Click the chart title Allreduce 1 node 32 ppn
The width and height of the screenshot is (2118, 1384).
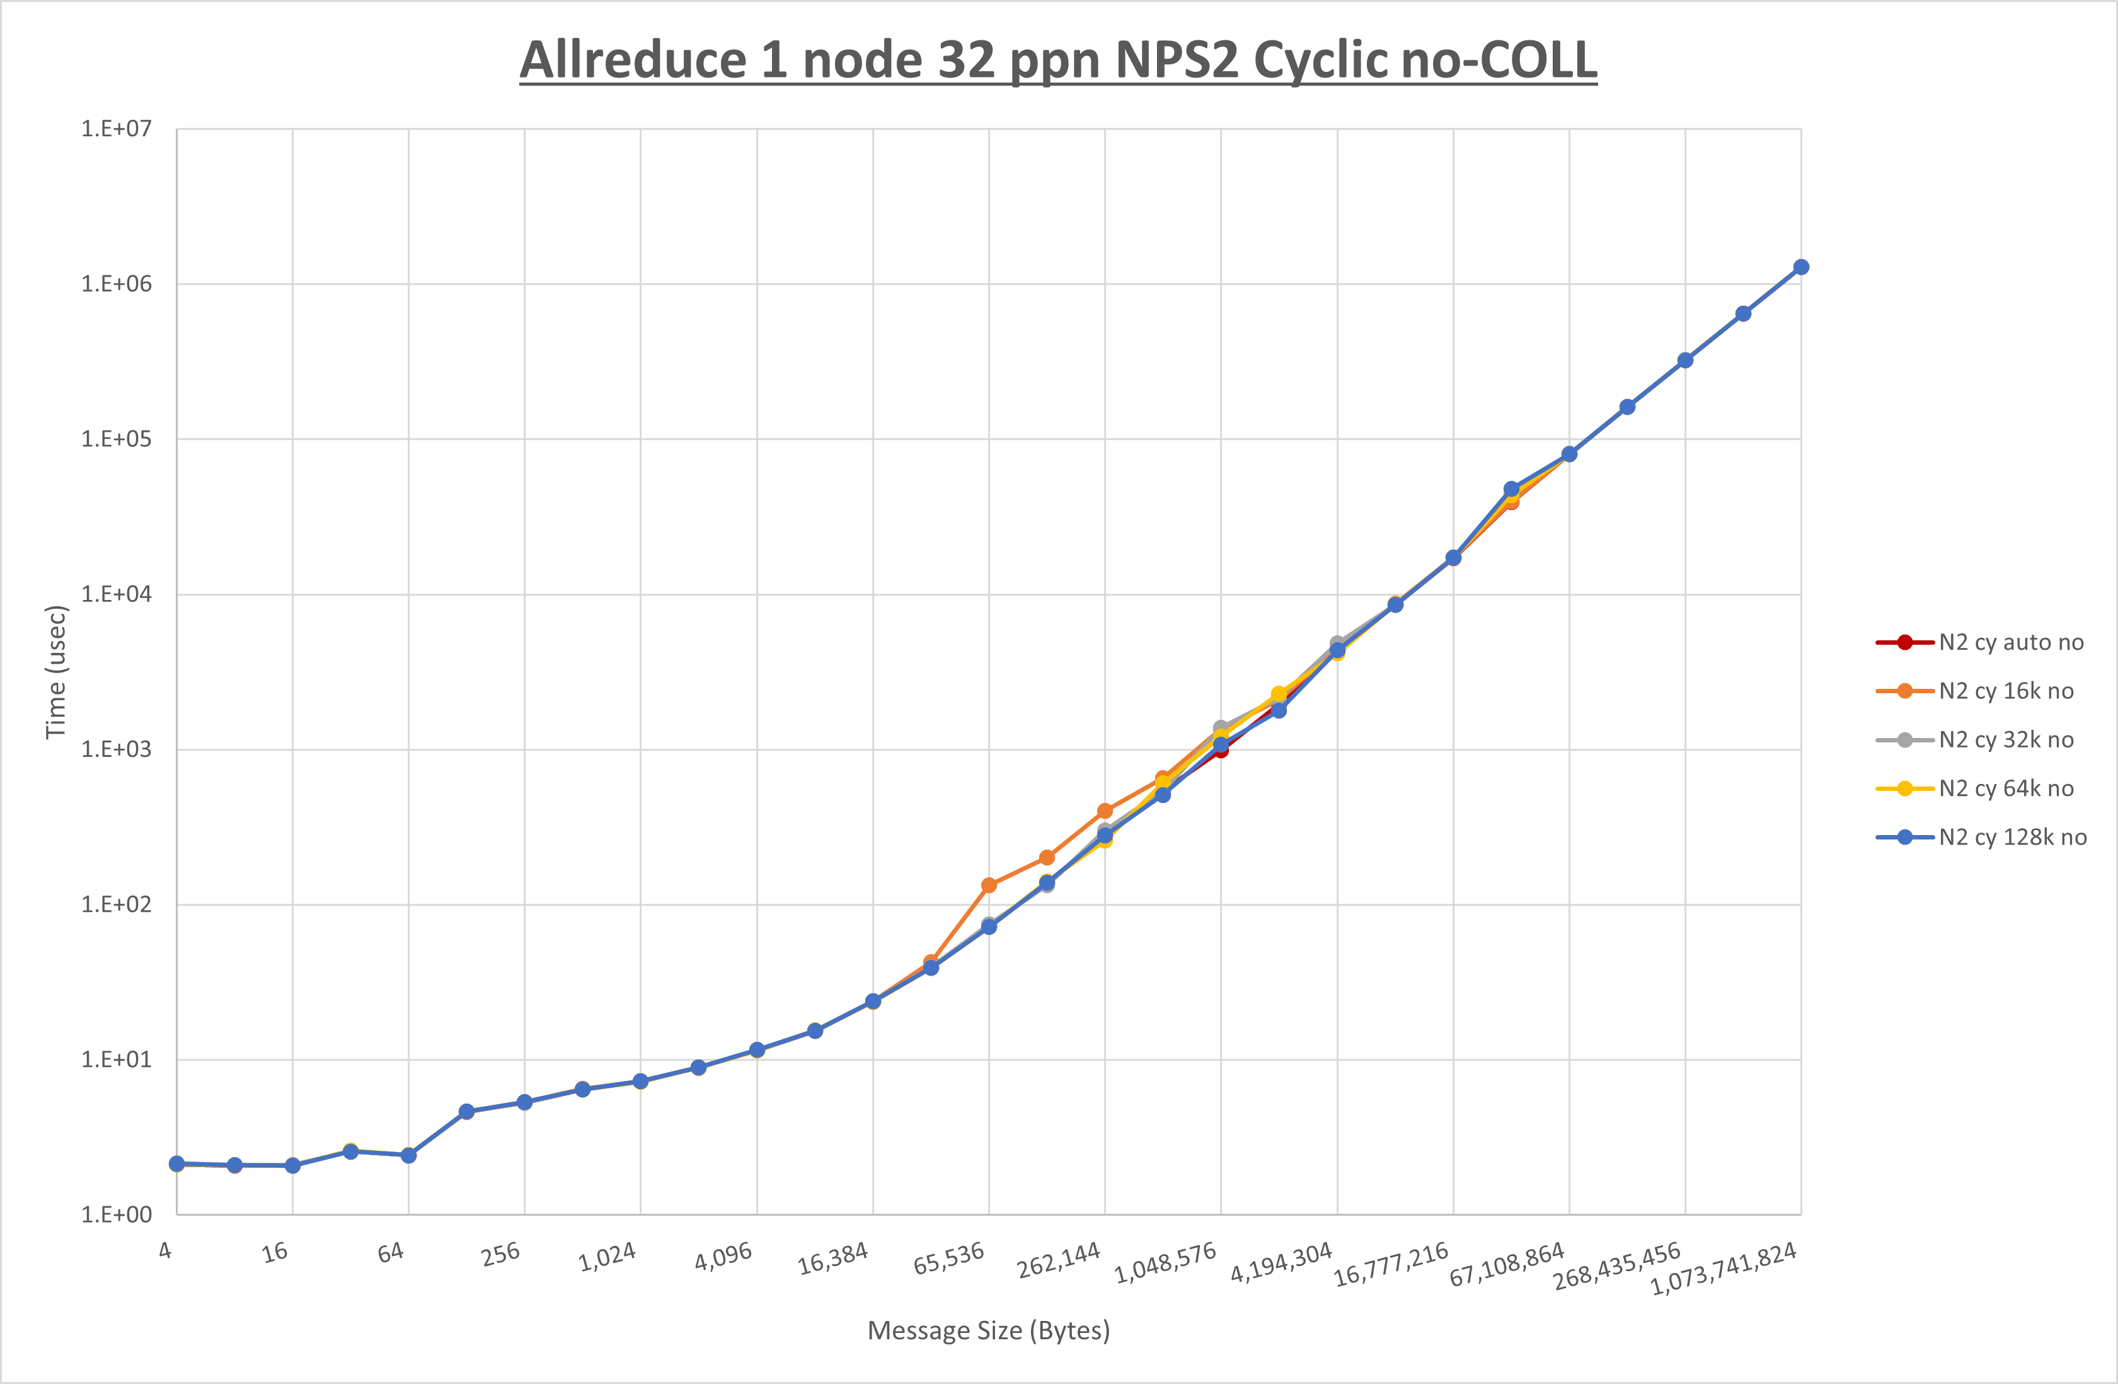tap(1058, 61)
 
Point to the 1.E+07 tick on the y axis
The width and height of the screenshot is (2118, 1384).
tap(117, 129)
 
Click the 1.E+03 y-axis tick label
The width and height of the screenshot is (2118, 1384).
tap(117, 749)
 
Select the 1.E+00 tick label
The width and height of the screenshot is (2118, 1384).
tap(117, 1215)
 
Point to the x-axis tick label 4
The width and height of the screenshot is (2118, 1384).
tap(166, 1250)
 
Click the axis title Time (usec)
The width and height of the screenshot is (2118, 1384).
tap(56, 672)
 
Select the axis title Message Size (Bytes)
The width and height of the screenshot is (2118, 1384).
tap(989, 1330)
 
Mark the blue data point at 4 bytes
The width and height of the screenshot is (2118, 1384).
tap(177, 1164)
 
